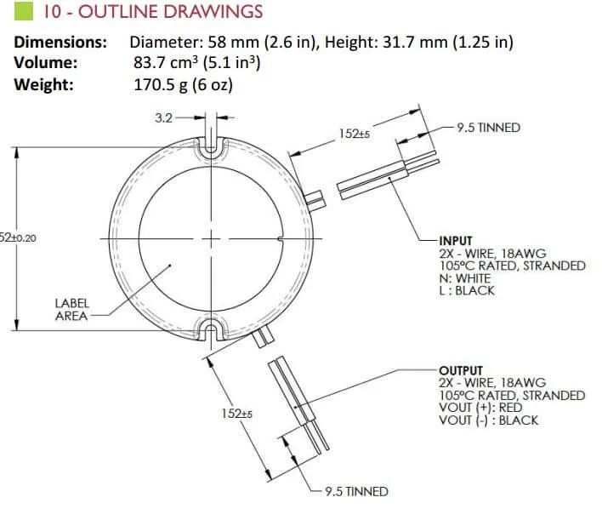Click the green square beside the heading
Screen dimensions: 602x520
[x=24, y=11]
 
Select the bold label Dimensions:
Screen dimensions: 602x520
[x=60, y=43]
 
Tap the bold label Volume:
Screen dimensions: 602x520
[x=46, y=63]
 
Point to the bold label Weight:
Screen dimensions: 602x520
[x=43, y=84]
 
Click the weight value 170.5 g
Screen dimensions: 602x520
[x=161, y=85]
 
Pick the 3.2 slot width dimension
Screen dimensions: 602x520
[x=164, y=117]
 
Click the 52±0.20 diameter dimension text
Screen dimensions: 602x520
[x=18, y=238]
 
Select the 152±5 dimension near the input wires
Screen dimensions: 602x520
[x=355, y=134]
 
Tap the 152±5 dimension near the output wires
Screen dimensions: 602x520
[x=237, y=414]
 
